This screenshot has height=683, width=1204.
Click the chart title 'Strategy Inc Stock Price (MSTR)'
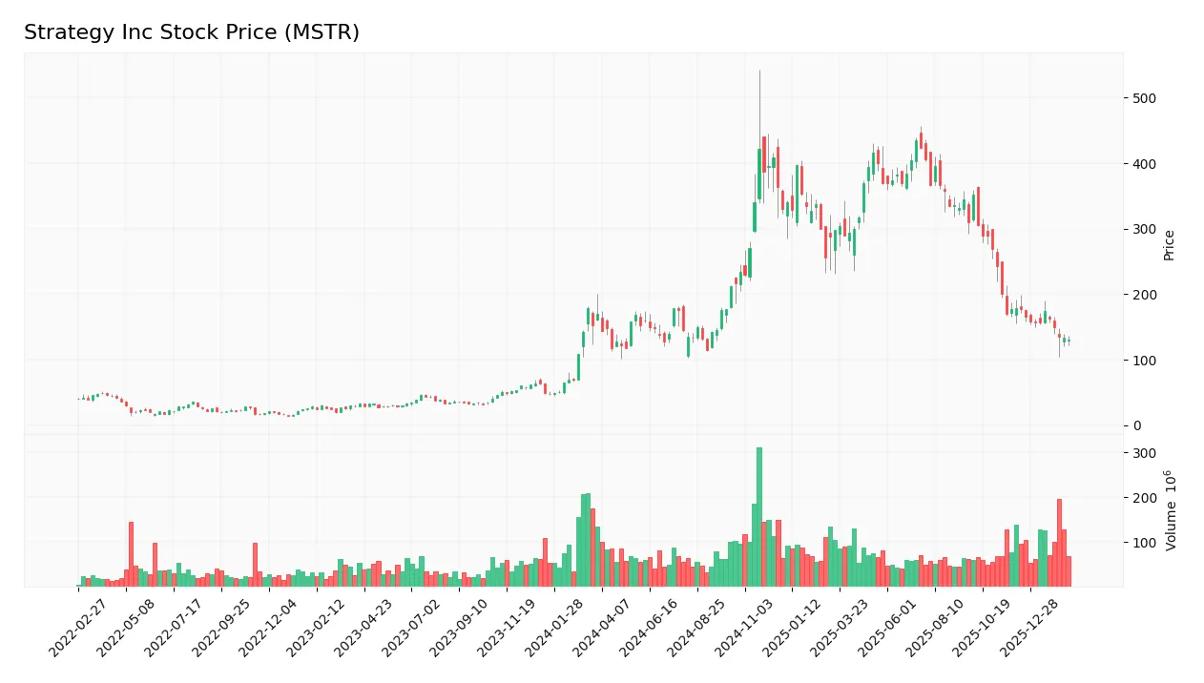(192, 32)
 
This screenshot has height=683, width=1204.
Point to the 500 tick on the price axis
(1144, 98)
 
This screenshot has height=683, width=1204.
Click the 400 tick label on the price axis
(1144, 164)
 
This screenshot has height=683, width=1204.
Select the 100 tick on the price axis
(1144, 361)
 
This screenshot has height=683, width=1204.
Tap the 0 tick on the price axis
(1137, 425)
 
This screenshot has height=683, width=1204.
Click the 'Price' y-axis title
(1169, 245)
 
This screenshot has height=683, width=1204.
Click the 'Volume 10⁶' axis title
(1170, 509)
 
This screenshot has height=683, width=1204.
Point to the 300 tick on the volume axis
(1144, 453)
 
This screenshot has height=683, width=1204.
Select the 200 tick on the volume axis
(1144, 498)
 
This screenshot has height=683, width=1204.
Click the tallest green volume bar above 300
(759, 515)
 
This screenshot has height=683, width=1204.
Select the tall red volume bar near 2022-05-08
(131, 553)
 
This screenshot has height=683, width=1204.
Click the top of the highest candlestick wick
(759, 71)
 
